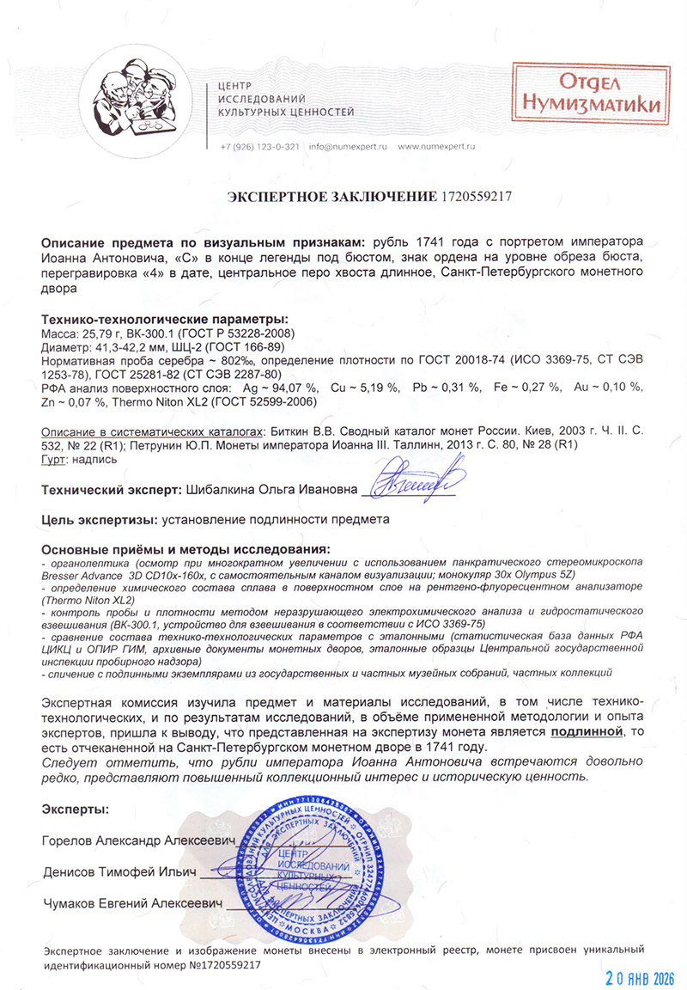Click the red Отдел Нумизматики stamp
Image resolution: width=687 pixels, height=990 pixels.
587,94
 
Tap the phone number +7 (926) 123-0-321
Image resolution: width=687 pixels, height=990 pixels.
259,147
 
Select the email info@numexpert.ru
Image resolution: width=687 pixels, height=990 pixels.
349,147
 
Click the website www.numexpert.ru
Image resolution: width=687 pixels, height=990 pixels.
436,147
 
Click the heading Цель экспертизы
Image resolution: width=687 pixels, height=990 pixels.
94,520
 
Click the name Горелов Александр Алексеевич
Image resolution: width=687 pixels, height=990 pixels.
137,840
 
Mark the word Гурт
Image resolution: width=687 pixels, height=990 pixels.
55,460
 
